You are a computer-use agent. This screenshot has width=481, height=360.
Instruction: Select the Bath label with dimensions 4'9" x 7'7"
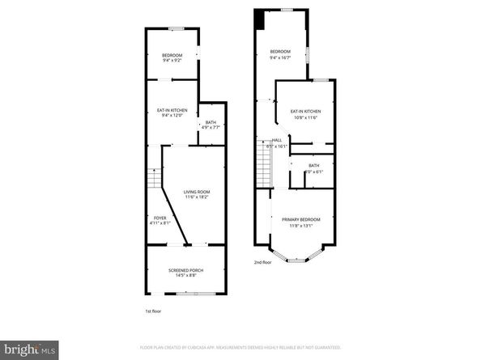point(211,125)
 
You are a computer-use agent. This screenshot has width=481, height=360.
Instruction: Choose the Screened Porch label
point(185,272)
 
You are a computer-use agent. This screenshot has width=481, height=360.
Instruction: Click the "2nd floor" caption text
point(262,262)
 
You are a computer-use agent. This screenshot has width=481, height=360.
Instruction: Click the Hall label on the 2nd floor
point(278,142)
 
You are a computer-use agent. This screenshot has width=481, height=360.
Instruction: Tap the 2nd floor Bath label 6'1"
point(313,168)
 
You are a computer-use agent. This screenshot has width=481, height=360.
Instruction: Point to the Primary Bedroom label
point(300,222)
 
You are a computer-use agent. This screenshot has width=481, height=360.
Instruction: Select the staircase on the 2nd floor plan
point(264,161)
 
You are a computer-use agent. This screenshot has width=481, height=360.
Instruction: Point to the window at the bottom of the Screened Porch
point(188,293)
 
